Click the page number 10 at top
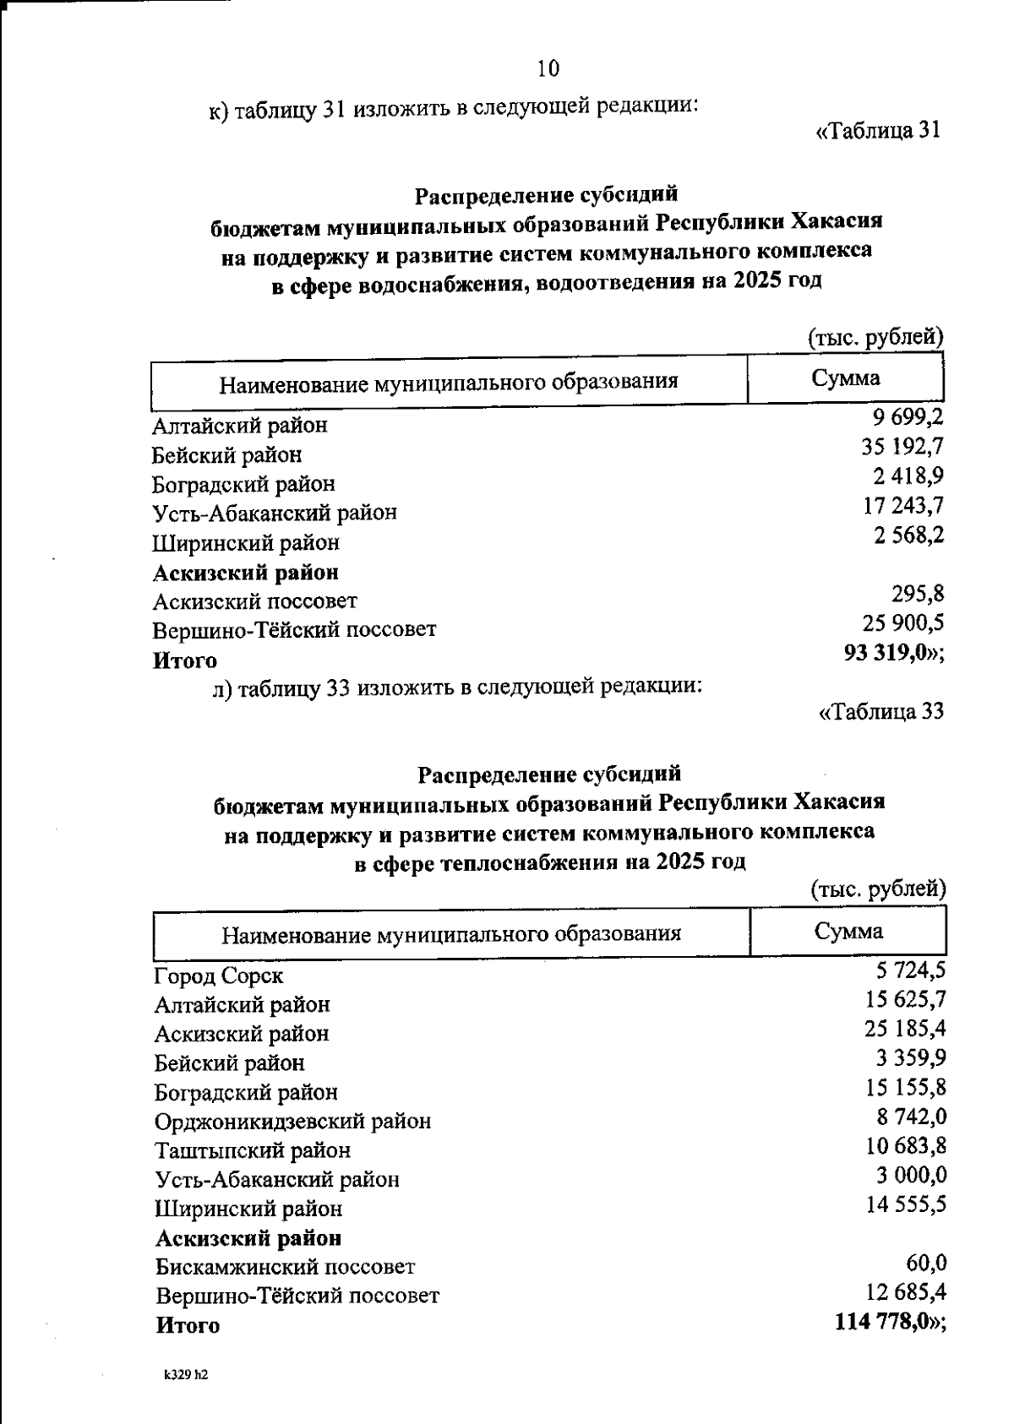[548, 68]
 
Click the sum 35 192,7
[902, 445]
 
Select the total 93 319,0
[886, 653]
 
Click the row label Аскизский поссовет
[254, 601]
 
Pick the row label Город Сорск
[218, 976]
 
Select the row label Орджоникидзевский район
[292, 1122]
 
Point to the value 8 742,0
[910, 1117]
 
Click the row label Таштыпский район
[252, 1150]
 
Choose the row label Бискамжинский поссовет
[285, 1267]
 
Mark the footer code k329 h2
[186, 1374]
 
